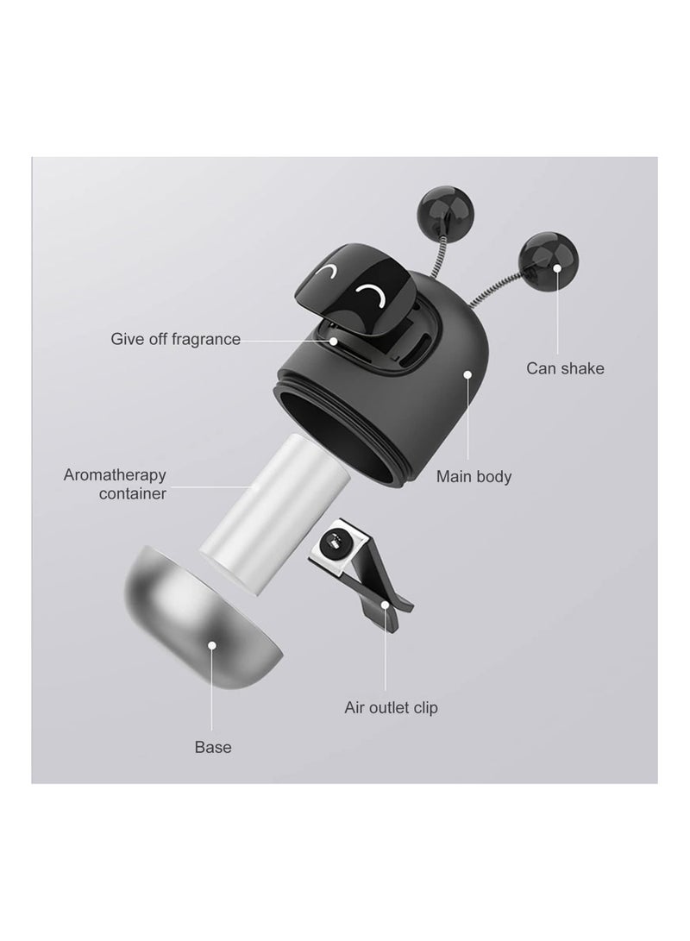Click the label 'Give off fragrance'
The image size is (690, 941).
175,339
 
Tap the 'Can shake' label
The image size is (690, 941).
565,368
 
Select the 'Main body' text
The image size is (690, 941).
474,475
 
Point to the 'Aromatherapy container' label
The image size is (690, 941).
115,484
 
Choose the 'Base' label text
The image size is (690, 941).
212,747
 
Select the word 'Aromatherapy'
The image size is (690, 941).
115,474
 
